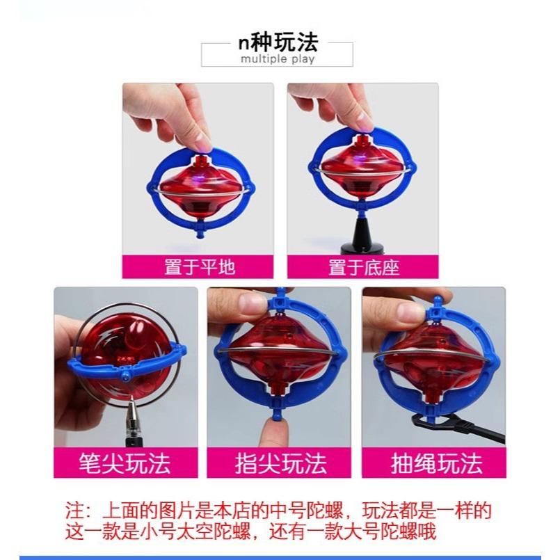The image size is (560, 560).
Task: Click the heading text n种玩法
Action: (278, 43)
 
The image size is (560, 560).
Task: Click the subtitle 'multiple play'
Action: (278, 59)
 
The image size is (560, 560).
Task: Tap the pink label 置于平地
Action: (200, 266)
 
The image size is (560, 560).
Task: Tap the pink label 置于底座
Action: (364, 266)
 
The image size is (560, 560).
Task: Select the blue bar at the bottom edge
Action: (280, 557)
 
